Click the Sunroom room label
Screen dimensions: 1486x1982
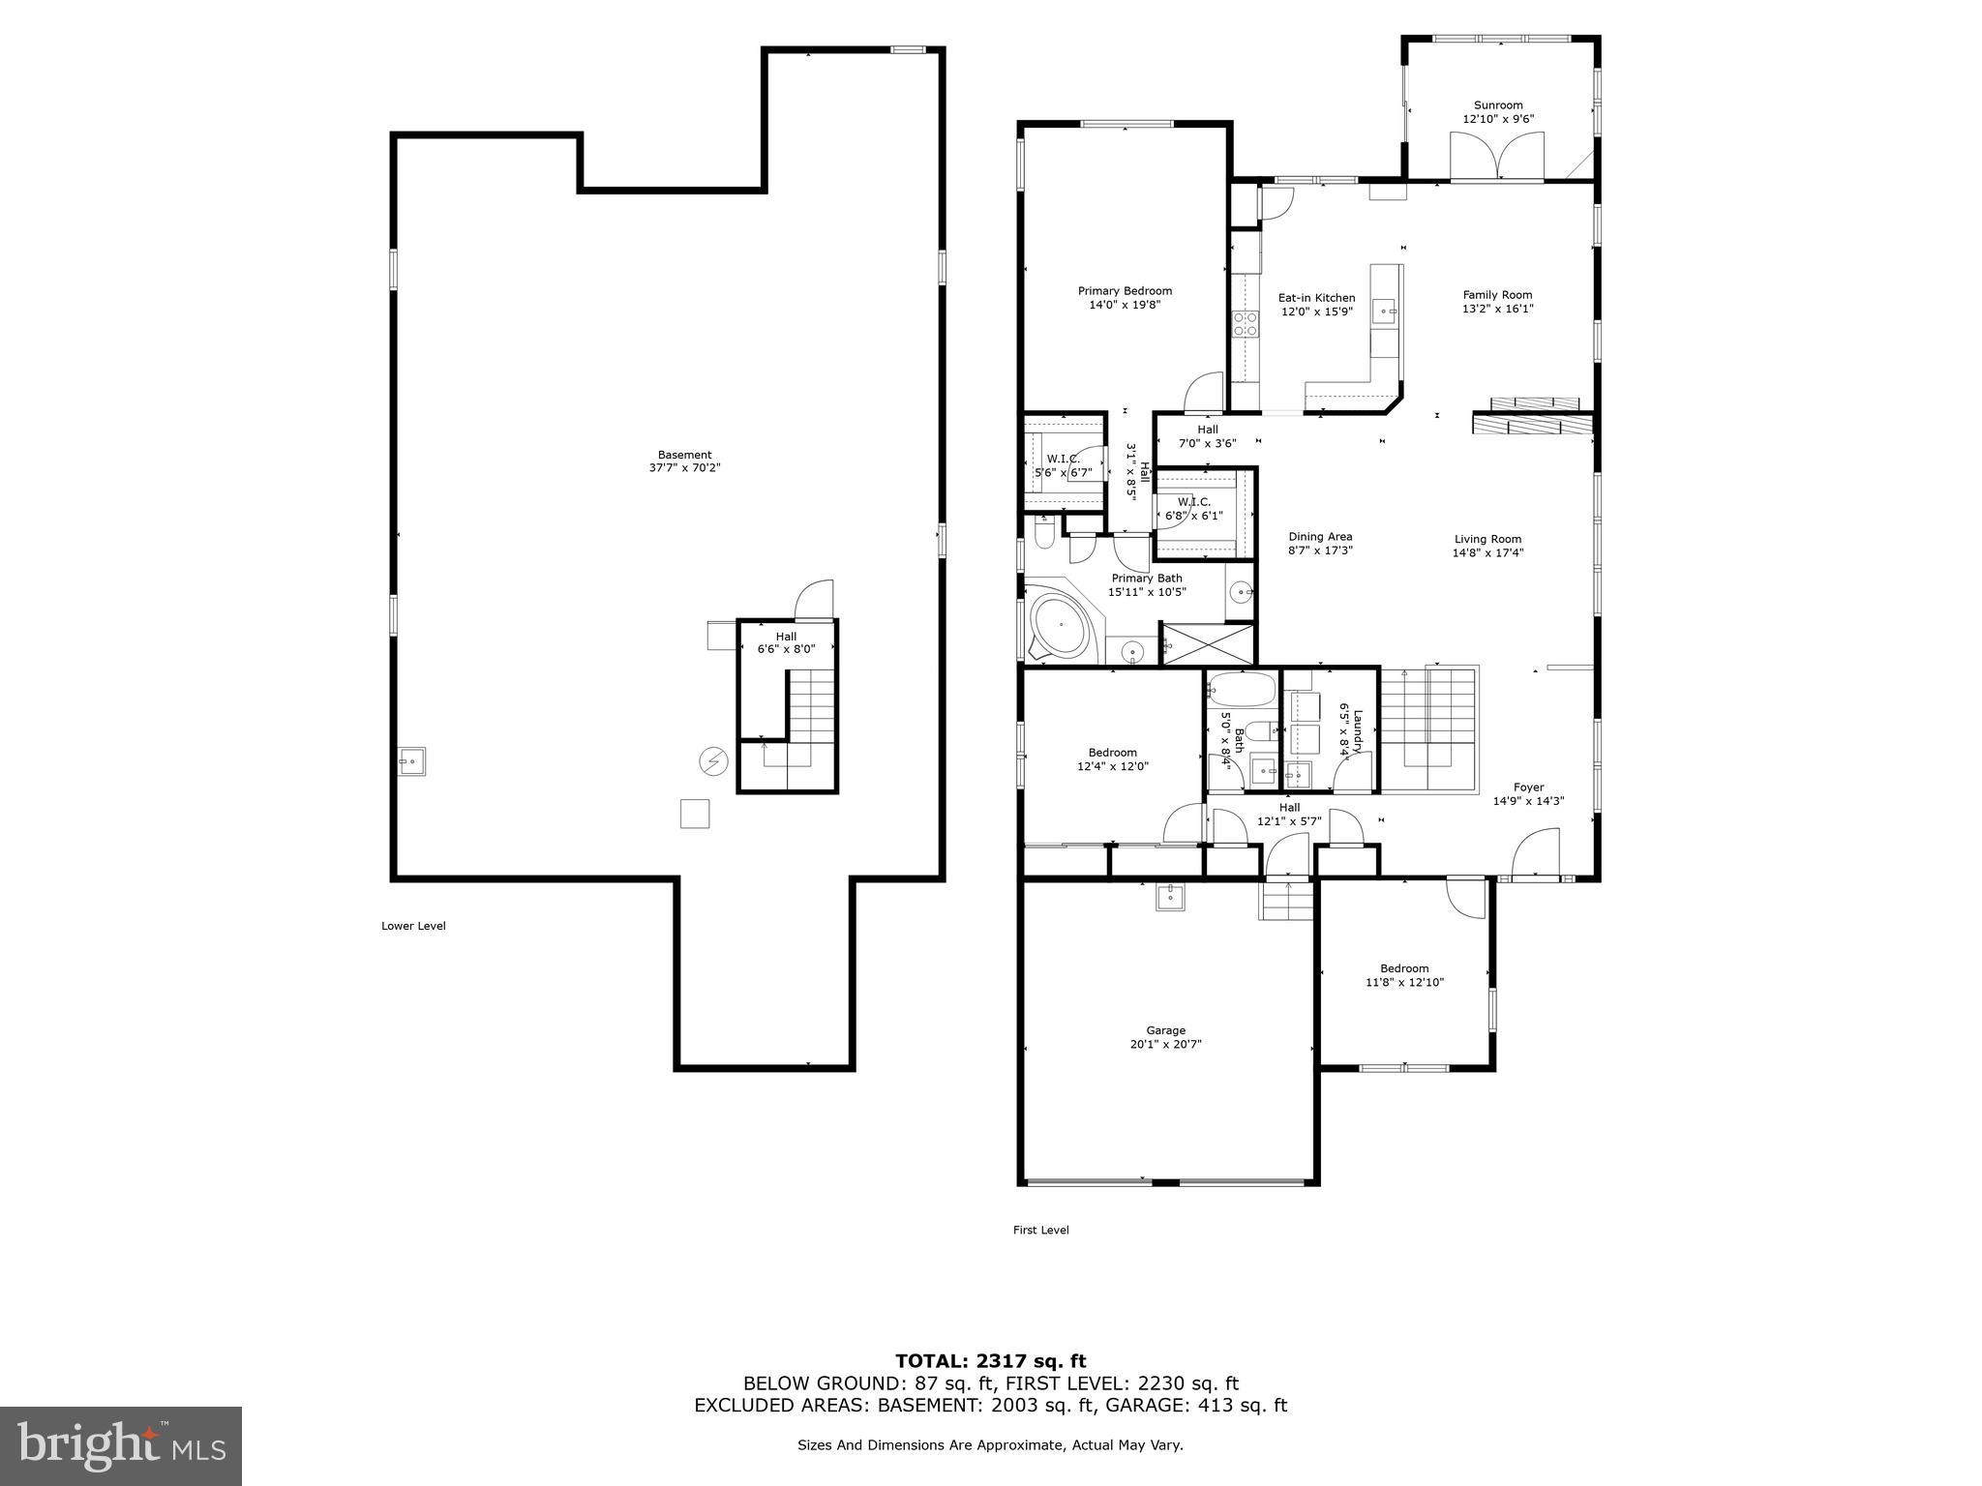[x=1497, y=105]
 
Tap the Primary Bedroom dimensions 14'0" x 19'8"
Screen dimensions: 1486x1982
[x=1125, y=305]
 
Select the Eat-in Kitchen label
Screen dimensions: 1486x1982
[x=1316, y=298]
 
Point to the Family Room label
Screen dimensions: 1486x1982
[x=1497, y=295]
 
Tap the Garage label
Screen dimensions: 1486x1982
[x=1165, y=1030]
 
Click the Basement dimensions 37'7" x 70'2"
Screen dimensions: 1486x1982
[x=684, y=468]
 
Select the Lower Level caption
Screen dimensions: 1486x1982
[x=413, y=926]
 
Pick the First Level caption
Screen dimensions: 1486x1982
[x=1040, y=1230]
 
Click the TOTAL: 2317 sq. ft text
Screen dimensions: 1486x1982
[x=990, y=1361]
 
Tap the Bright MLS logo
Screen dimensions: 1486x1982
[x=121, y=1445]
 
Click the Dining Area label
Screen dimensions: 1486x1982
[x=1320, y=537]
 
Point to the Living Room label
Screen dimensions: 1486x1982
[x=1487, y=540]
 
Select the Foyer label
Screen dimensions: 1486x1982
[x=1528, y=788]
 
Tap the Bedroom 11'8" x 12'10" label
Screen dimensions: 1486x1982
[x=1404, y=968]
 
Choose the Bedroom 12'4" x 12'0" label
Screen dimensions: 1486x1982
[x=1112, y=753]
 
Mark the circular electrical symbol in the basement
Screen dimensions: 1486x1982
[x=713, y=762]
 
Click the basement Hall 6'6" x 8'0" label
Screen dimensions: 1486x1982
[x=785, y=637]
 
